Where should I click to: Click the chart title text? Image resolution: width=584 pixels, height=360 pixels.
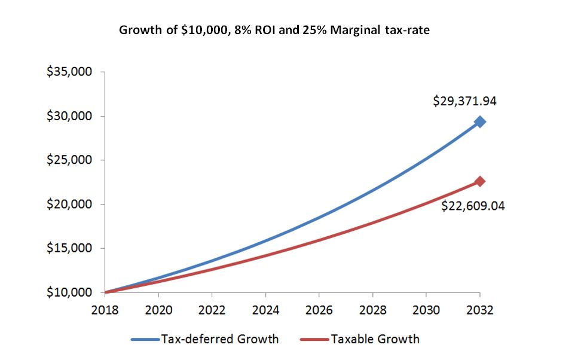274,30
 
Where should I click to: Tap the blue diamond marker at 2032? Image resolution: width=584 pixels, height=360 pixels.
479,122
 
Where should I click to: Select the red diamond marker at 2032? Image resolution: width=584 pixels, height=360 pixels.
479,181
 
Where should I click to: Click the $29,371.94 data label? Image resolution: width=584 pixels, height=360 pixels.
464,101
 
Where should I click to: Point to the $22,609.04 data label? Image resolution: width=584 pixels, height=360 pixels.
473,206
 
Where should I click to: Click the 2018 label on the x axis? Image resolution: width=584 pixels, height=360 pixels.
105,311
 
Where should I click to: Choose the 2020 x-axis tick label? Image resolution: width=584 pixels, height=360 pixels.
158,311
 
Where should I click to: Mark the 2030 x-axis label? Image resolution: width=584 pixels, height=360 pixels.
426,311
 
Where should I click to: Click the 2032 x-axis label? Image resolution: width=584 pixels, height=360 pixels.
479,311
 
